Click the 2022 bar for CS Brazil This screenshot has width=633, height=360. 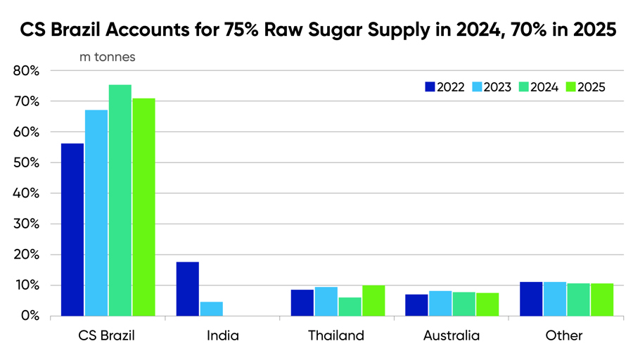[72, 230]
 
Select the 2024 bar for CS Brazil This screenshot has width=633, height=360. [120, 200]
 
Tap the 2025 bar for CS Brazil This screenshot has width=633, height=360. [143, 207]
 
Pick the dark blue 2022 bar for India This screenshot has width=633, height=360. [187, 289]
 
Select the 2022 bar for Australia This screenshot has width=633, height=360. [416, 305]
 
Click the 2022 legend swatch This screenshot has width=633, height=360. [429, 87]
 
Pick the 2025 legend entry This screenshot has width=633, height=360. [584, 87]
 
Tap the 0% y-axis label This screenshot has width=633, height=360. [29, 316]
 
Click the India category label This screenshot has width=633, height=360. [223, 335]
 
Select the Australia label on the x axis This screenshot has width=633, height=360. [452, 335]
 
